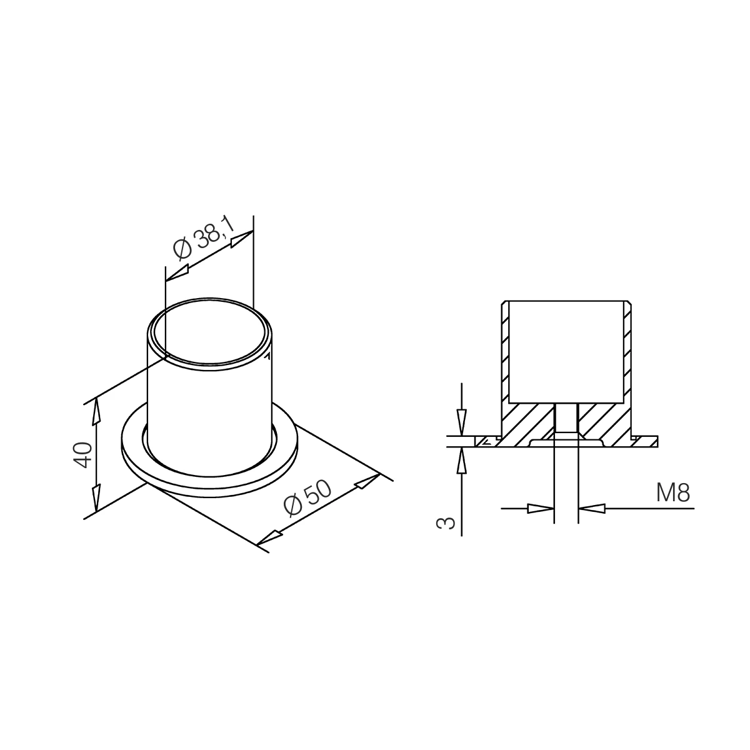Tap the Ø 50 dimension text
(x=307, y=499)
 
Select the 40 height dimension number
(x=83, y=454)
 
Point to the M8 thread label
(x=673, y=492)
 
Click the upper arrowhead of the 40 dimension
(x=96, y=412)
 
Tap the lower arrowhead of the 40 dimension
(x=96, y=497)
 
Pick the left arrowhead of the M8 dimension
(x=541, y=508)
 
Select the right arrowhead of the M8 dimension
(x=592, y=508)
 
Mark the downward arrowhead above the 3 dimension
(x=462, y=422)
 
